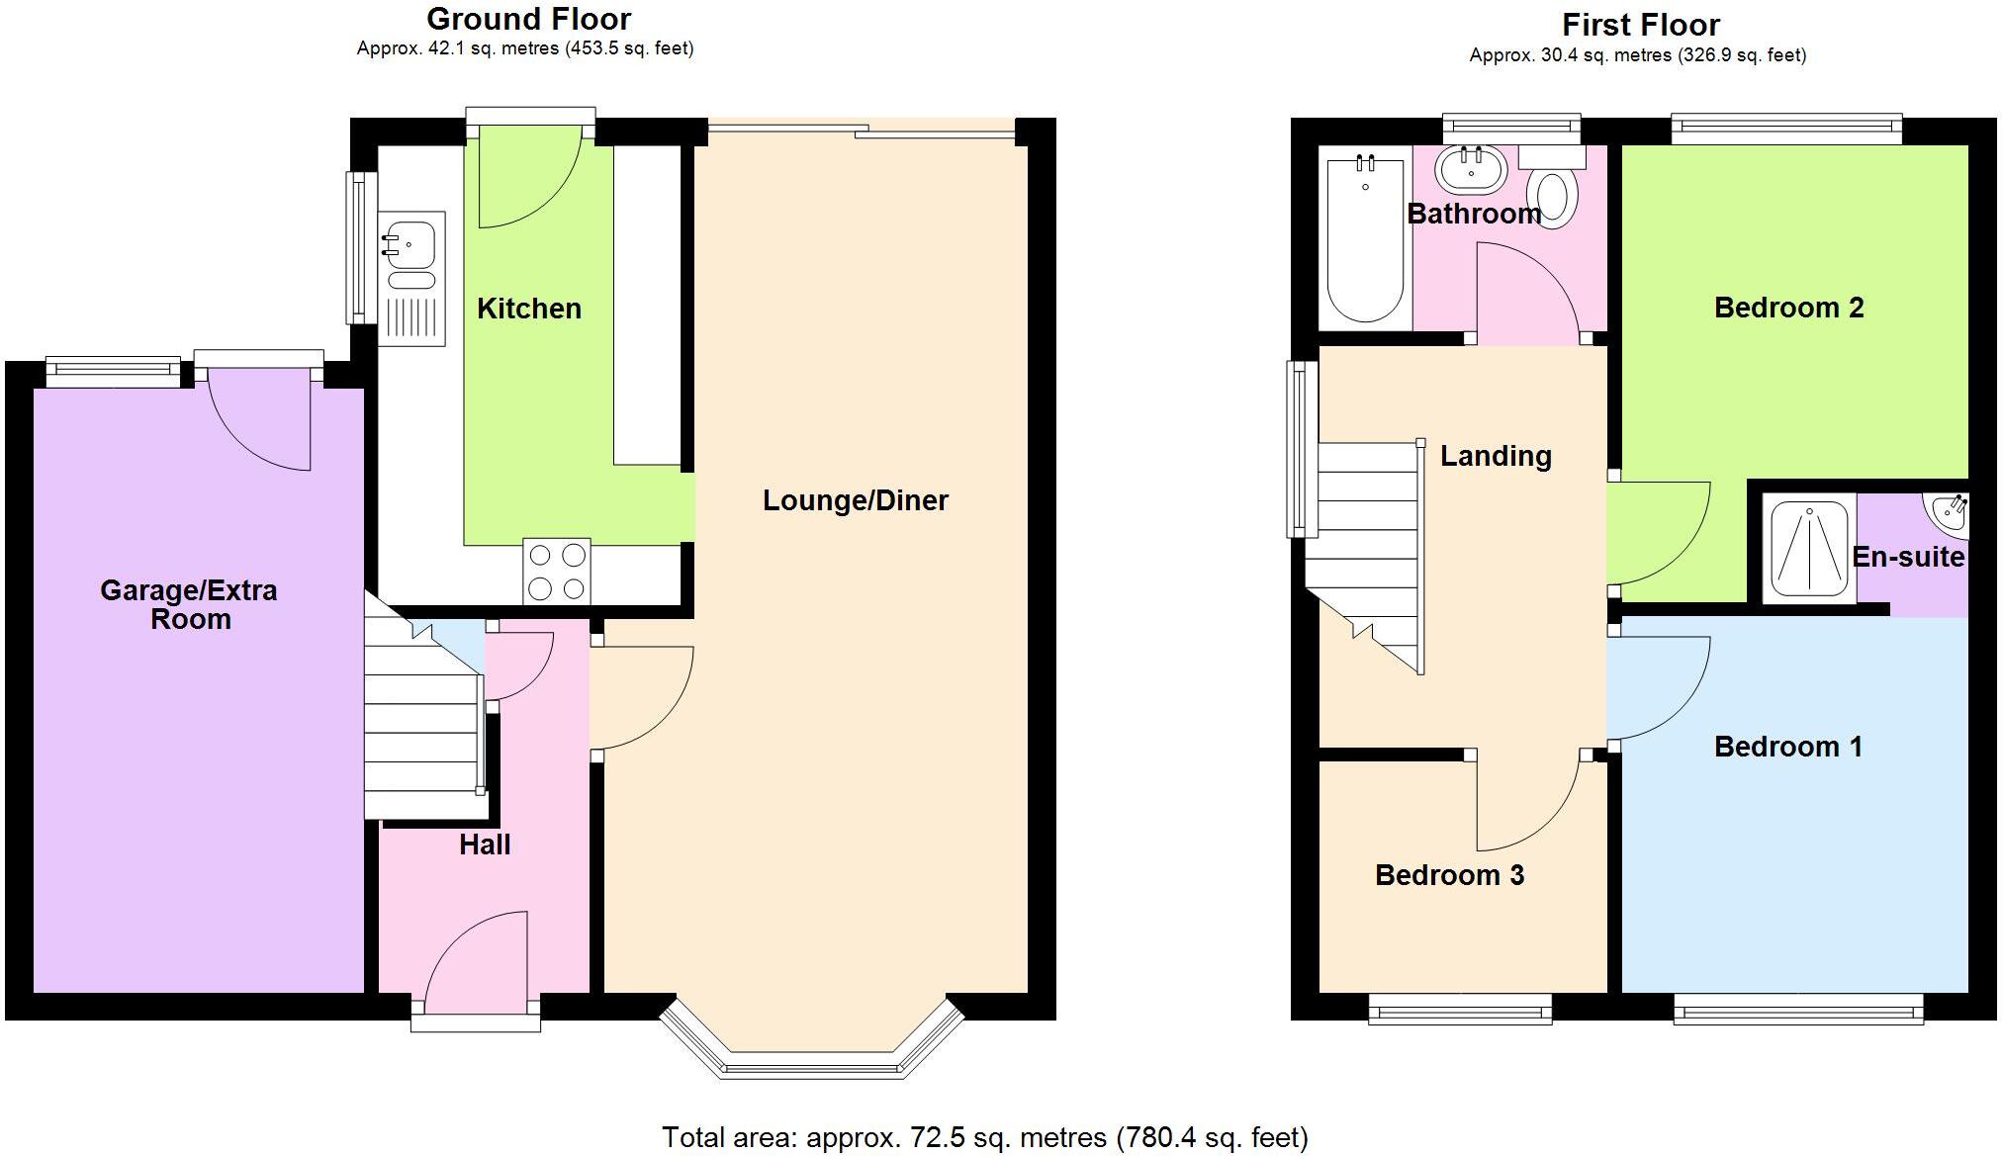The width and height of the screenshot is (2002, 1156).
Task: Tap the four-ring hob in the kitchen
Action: click(556, 572)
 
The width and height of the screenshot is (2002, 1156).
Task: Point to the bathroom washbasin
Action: click(1471, 170)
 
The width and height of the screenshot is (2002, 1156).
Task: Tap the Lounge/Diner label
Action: click(855, 500)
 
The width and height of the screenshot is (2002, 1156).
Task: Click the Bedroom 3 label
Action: click(1449, 875)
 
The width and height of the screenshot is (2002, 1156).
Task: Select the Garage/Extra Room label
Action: click(189, 604)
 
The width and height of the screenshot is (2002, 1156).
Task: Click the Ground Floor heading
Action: click(528, 19)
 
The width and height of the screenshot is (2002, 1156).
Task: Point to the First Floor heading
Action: click(1640, 24)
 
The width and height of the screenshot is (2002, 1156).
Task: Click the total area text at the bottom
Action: click(984, 1137)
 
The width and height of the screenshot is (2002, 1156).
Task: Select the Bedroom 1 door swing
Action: click(1657, 688)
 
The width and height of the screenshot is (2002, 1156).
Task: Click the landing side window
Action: click(1302, 450)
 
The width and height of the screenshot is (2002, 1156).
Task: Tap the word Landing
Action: click(1495, 456)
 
